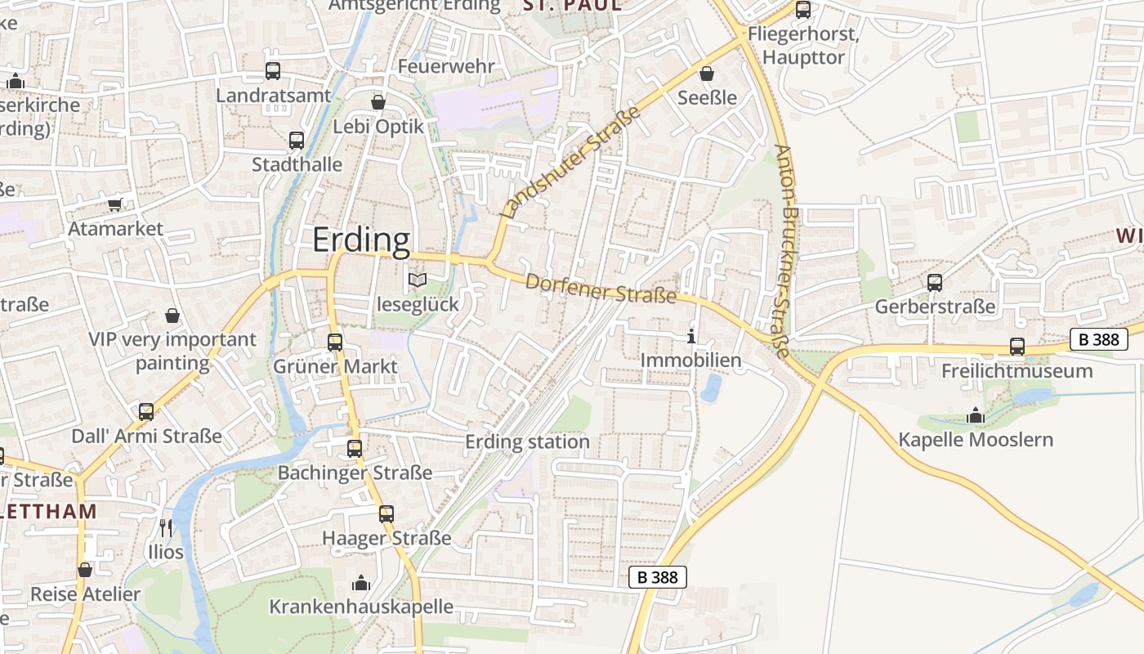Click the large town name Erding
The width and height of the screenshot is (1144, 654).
[361, 240]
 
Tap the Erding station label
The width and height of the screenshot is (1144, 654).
[527, 442]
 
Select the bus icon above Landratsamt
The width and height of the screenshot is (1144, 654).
[273, 71]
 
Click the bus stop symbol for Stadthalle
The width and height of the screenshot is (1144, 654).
[297, 141]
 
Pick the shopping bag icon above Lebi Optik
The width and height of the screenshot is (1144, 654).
[378, 102]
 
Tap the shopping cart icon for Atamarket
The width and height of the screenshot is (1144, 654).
[115, 204]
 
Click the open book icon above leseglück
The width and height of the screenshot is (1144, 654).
[418, 280]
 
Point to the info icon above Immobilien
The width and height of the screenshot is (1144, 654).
[691, 336]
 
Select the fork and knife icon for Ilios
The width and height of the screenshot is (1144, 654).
[166, 528]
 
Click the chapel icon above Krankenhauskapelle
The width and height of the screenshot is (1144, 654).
[360, 583]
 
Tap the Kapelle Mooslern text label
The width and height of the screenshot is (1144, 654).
[976, 440]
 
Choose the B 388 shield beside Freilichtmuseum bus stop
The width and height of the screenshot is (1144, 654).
[1098, 339]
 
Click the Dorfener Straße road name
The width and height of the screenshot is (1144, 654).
[601, 289]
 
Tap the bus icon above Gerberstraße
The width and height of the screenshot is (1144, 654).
[935, 283]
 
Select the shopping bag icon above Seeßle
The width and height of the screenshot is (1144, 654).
[707, 74]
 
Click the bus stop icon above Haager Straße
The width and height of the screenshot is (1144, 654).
[387, 514]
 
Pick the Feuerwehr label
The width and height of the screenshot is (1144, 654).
[446, 66]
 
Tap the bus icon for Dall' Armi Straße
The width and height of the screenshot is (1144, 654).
[146, 412]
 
